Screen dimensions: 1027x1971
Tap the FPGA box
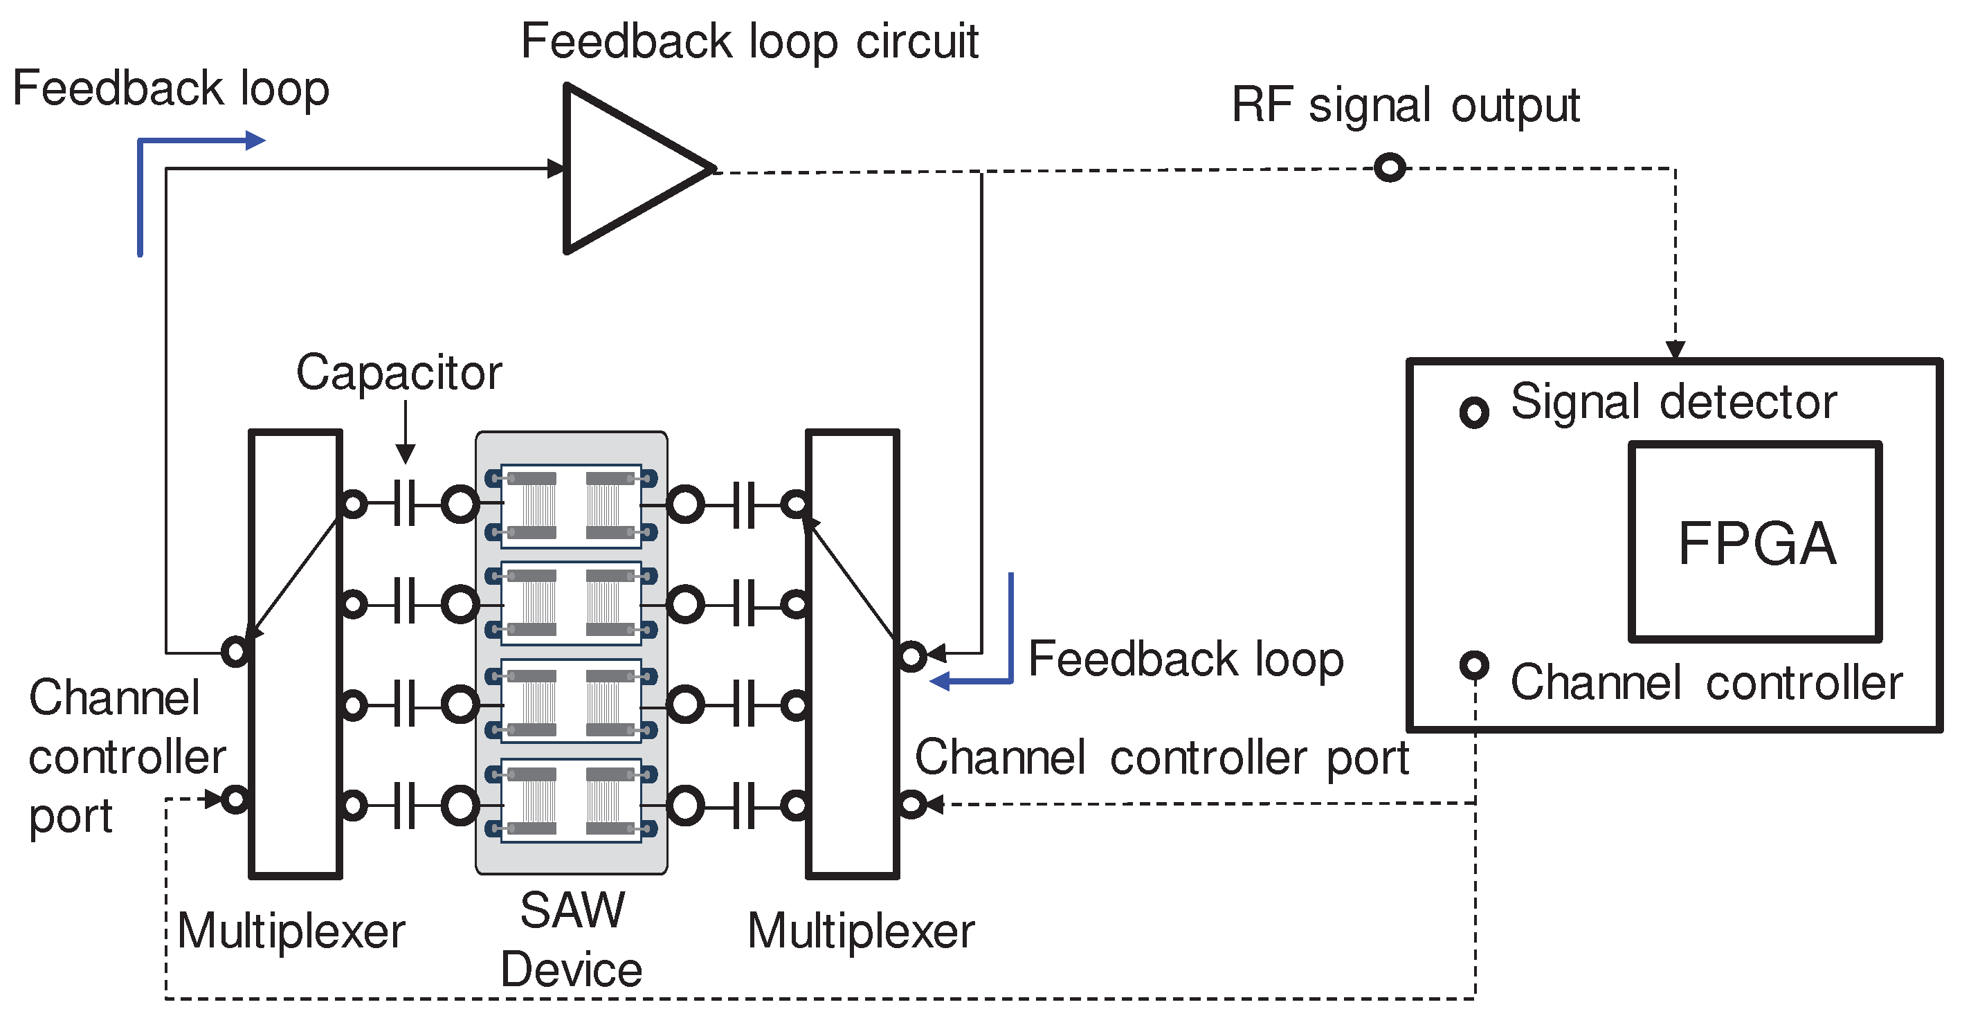coord(1755,542)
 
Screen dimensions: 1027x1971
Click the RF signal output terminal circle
coord(1390,167)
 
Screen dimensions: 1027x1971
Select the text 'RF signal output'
coord(1405,106)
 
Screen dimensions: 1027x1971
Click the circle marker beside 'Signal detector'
coord(1473,412)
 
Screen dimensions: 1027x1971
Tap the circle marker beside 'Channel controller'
coord(1473,664)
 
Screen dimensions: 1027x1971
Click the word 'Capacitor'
coord(399,374)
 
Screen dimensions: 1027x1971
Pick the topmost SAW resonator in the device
coord(571,506)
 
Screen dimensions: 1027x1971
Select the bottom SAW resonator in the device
coord(571,801)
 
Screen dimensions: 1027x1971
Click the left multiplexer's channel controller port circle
coord(235,800)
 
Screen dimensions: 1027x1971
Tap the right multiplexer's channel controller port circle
coord(911,804)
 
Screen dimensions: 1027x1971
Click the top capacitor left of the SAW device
coord(405,505)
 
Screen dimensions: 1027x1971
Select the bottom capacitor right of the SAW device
coord(744,805)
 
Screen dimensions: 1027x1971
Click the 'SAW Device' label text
coord(572,940)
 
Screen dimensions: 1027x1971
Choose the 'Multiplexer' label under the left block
coord(291,931)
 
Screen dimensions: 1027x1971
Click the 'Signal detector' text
coord(1673,402)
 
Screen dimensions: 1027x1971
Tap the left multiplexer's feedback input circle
coord(235,651)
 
